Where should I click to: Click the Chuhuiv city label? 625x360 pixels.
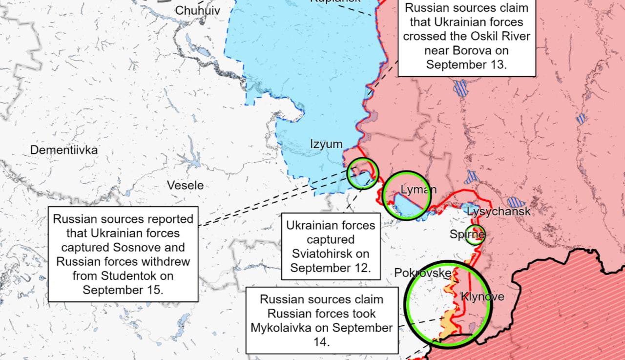click(x=197, y=11)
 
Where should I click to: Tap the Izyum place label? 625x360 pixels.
click(x=326, y=144)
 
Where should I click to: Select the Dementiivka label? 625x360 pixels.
click(x=64, y=150)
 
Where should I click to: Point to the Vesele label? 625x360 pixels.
click(x=185, y=186)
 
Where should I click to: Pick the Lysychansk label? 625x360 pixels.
click(x=499, y=212)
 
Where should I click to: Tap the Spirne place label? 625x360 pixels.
click(x=467, y=235)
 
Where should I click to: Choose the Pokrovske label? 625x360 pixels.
click(x=421, y=273)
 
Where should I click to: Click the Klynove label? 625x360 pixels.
click(x=482, y=296)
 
